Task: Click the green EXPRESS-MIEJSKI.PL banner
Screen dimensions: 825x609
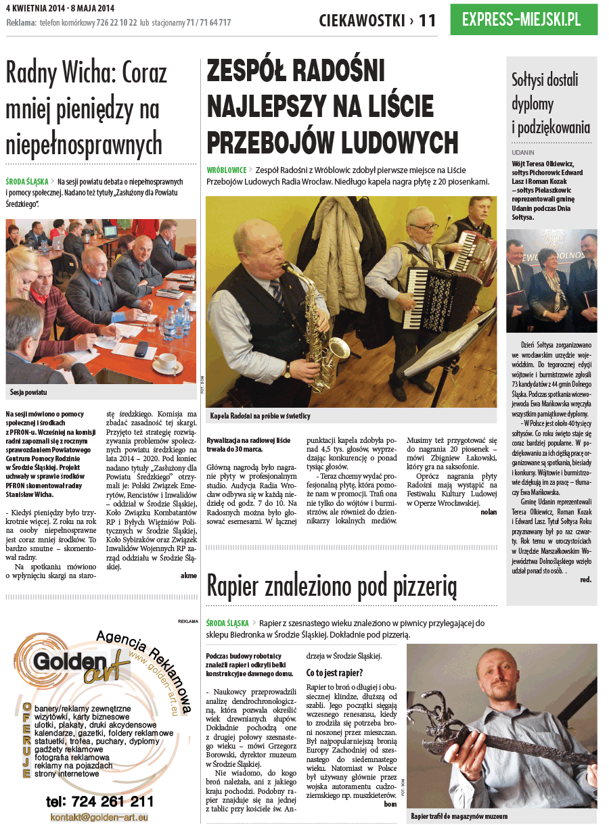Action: pos(523,19)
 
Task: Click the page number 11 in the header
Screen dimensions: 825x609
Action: pos(428,20)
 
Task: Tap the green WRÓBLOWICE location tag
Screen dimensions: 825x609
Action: pos(227,170)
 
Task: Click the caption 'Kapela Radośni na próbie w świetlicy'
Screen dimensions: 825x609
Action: pos(261,416)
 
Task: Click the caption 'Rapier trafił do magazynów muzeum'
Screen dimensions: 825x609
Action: pos(459,816)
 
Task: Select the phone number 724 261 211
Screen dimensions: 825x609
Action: pos(100,801)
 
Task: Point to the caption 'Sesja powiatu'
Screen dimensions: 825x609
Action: pos(28,392)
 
